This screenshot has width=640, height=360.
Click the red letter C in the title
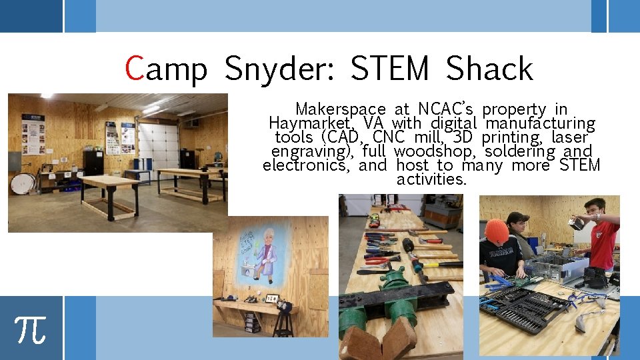tap(135, 69)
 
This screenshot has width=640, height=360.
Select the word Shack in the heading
tap(489, 69)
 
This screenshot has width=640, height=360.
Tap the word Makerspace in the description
tap(340, 109)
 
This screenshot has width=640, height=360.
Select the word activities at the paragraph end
tap(431, 180)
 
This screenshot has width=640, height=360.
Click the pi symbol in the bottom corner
tap(31, 328)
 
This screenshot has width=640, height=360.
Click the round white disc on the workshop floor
tap(23, 183)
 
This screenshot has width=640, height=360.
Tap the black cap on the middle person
tap(517, 219)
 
